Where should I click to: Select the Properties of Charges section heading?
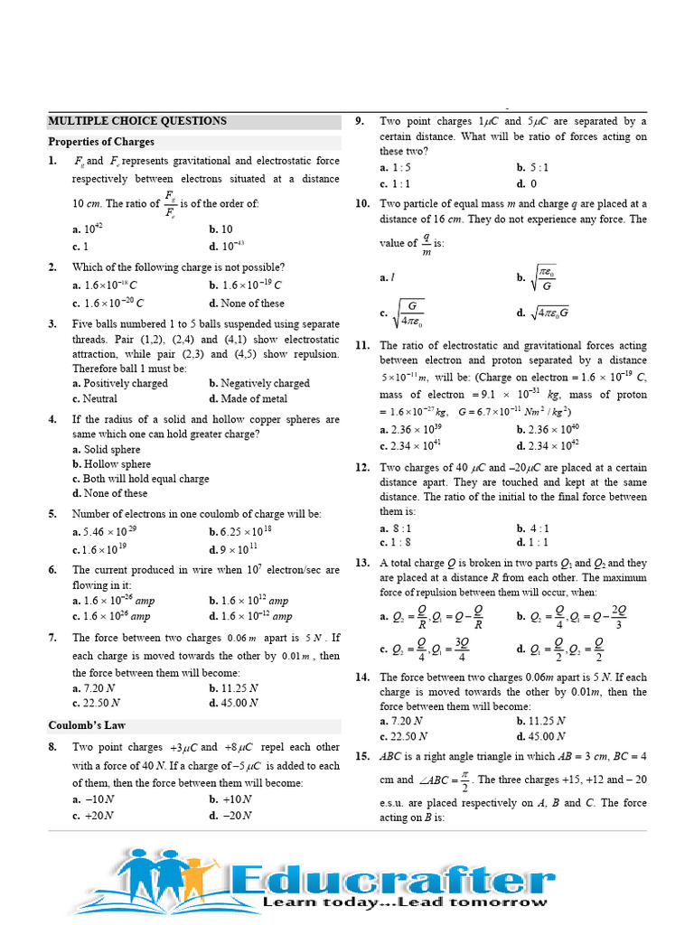point(100,142)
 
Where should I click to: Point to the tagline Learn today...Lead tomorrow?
point(404,902)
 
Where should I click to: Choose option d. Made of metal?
point(248,398)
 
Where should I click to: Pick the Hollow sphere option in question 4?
point(106,464)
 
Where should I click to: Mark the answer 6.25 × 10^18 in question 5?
point(248,532)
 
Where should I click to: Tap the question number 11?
point(361,346)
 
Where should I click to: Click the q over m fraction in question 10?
point(426,244)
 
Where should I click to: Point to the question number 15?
point(361,756)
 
